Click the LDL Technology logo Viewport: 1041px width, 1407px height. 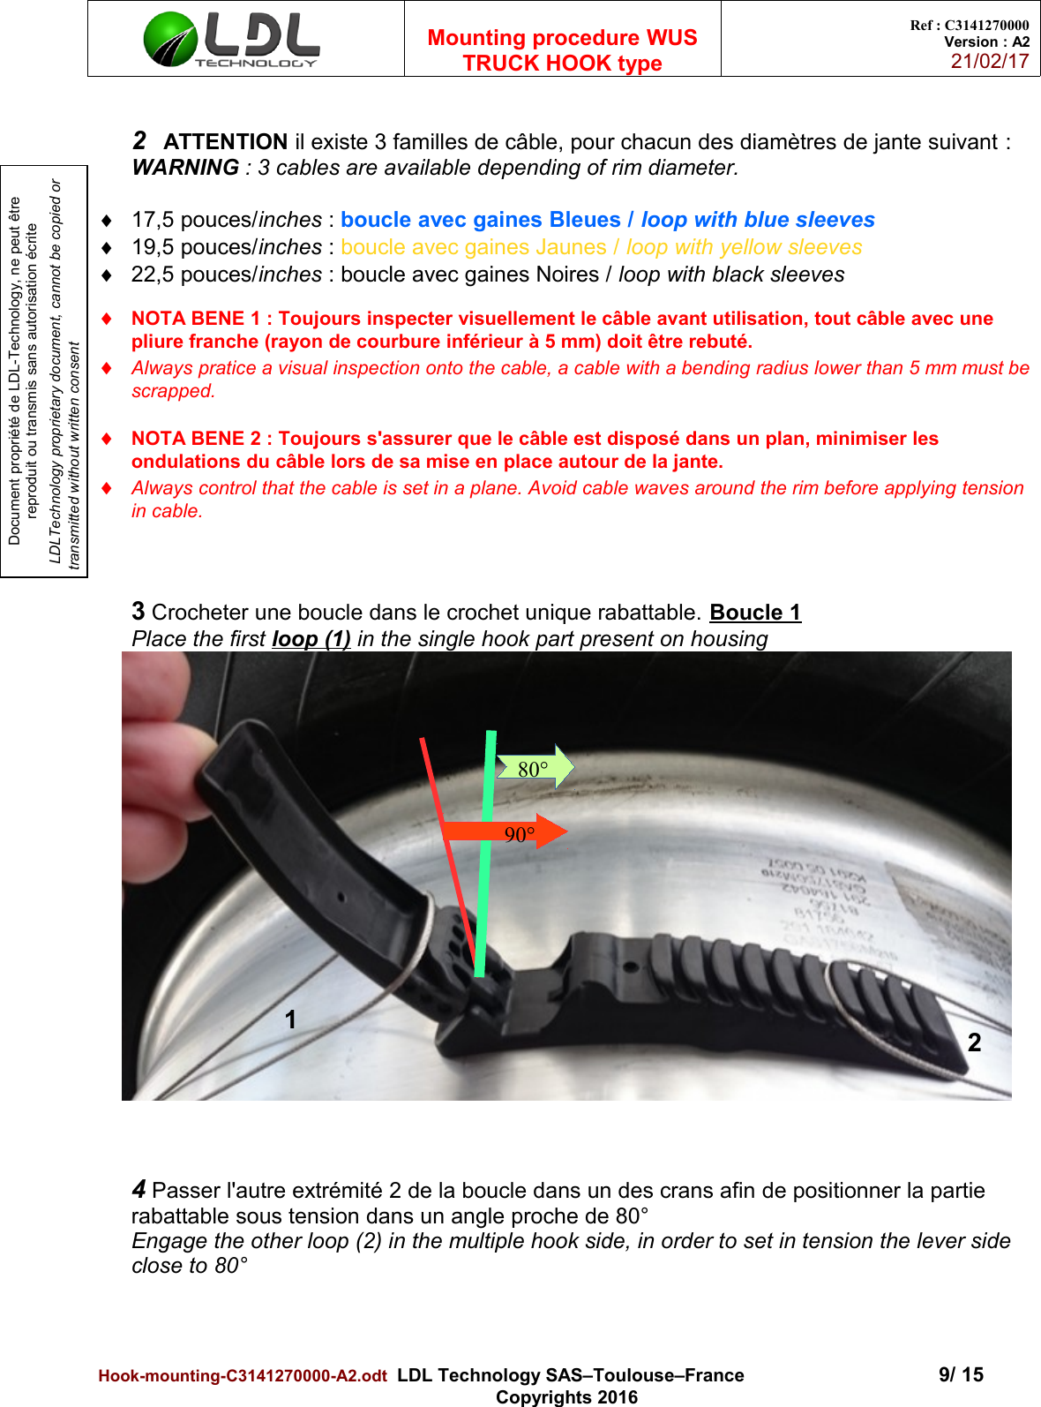pyautogui.click(x=231, y=39)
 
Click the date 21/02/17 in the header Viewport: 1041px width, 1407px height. pyautogui.click(x=989, y=61)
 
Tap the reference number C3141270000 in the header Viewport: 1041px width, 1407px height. pyautogui.click(x=986, y=26)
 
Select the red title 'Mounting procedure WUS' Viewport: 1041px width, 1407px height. pyautogui.click(x=562, y=38)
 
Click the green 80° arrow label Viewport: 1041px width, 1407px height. pyautogui.click(x=534, y=769)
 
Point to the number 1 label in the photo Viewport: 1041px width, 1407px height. pyautogui.click(x=290, y=1020)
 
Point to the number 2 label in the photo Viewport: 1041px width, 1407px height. pyautogui.click(x=974, y=1043)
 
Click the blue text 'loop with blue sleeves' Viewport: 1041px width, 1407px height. pyautogui.click(x=758, y=220)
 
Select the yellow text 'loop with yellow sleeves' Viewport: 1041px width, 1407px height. pyautogui.click(x=744, y=247)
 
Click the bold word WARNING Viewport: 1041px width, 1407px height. pyautogui.click(x=185, y=168)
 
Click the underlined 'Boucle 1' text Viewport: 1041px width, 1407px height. pyautogui.click(x=755, y=613)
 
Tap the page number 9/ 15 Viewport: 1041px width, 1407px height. pyautogui.click(x=961, y=1374)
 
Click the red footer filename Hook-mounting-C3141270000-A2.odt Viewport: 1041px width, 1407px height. pyautogui.click(x=243, y=1376)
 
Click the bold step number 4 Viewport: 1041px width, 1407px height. pyautogui.click(x=139, y=1189)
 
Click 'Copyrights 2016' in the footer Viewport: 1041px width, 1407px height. pyautogui.click(x=566, y=1397)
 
